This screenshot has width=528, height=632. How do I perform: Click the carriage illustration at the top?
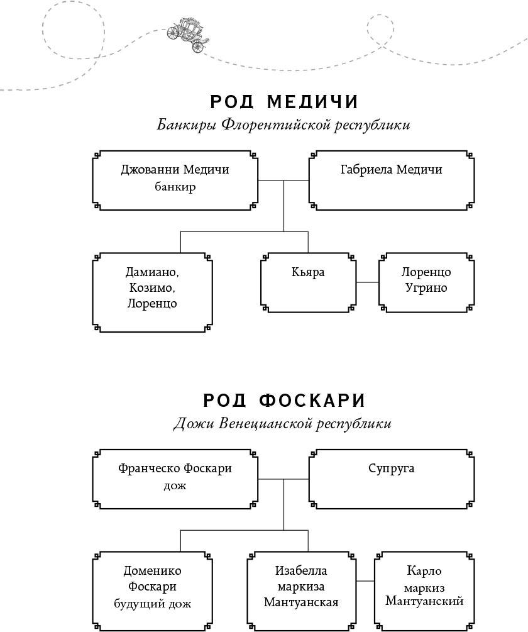pyautogui.click(x=189, y=34)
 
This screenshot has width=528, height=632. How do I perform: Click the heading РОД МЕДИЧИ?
pyautogui.click(x=284, y=101)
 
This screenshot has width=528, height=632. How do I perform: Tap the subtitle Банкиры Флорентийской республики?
pyautogui.click(x=283, y=125)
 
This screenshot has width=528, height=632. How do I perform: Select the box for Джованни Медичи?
pyautogui.click(x=175, y=180)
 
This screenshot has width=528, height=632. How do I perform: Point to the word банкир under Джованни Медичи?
pyautogui.click(x=175, y=187)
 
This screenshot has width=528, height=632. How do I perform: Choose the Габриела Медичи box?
pyautogui.click(x=391, y=180)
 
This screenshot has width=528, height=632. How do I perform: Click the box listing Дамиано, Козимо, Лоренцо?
pyautogui.click(x=151, y=291)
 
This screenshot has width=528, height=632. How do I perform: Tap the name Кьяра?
pyautogui.click(x=308, y=272)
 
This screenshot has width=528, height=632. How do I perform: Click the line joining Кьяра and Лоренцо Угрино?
pyautogui.click(x=367, y=282)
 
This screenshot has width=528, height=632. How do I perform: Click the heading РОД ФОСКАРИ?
pyautogui.click(x=284, y=401)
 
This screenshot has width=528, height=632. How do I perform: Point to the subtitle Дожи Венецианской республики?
pyautogui.click(x=282, y=423)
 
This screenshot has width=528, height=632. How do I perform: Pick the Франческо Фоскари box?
pyautogui.click(x=175, y=479)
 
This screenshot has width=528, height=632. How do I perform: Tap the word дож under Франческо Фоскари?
pyautogui.click(x=175, y=485)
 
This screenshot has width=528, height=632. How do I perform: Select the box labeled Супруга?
pyautogui.click(x=391, y=479)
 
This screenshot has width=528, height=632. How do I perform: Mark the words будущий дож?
pyautogui.click(x=152, y=604)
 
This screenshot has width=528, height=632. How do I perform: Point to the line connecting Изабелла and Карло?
pyautogui.click(x=365, y=581)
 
